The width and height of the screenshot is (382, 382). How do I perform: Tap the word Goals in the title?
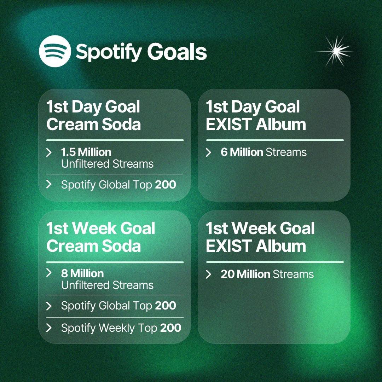(x=177, y=52)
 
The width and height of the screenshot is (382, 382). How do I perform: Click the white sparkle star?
(x=334, y=51)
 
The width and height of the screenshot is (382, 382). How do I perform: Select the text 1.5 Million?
(x=86, y=152)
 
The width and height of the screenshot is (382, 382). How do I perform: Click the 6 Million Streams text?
(x=264, y=152)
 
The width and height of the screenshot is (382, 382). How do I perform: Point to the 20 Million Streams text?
(x=267, y=274)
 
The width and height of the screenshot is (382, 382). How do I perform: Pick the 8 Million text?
(x=82, y=273)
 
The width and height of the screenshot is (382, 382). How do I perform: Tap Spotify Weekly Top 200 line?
(x=121, y=328)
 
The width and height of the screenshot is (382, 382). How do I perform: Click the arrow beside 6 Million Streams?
(x=209, y=152)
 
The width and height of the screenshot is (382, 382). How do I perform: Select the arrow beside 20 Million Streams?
(x=209, y=274)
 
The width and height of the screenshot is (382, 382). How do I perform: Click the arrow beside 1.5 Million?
(x=49, y=152)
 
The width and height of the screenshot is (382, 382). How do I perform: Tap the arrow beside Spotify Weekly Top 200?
(x=49, y=328)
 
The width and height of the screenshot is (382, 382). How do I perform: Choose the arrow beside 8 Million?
(x=49, y=273)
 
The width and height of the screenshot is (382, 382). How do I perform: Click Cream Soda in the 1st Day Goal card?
(x=93, y=125)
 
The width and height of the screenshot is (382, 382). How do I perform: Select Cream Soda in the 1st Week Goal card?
(x=93, y=246)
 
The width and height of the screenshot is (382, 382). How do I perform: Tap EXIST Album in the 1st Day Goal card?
(x=256, y=125)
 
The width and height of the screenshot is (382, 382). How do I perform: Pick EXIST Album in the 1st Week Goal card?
(x=256, y=246)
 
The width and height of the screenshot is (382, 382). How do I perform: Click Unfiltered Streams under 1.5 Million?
(x=107, y=164)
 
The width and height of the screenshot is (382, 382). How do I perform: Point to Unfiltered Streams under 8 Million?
(x=107, y=285)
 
